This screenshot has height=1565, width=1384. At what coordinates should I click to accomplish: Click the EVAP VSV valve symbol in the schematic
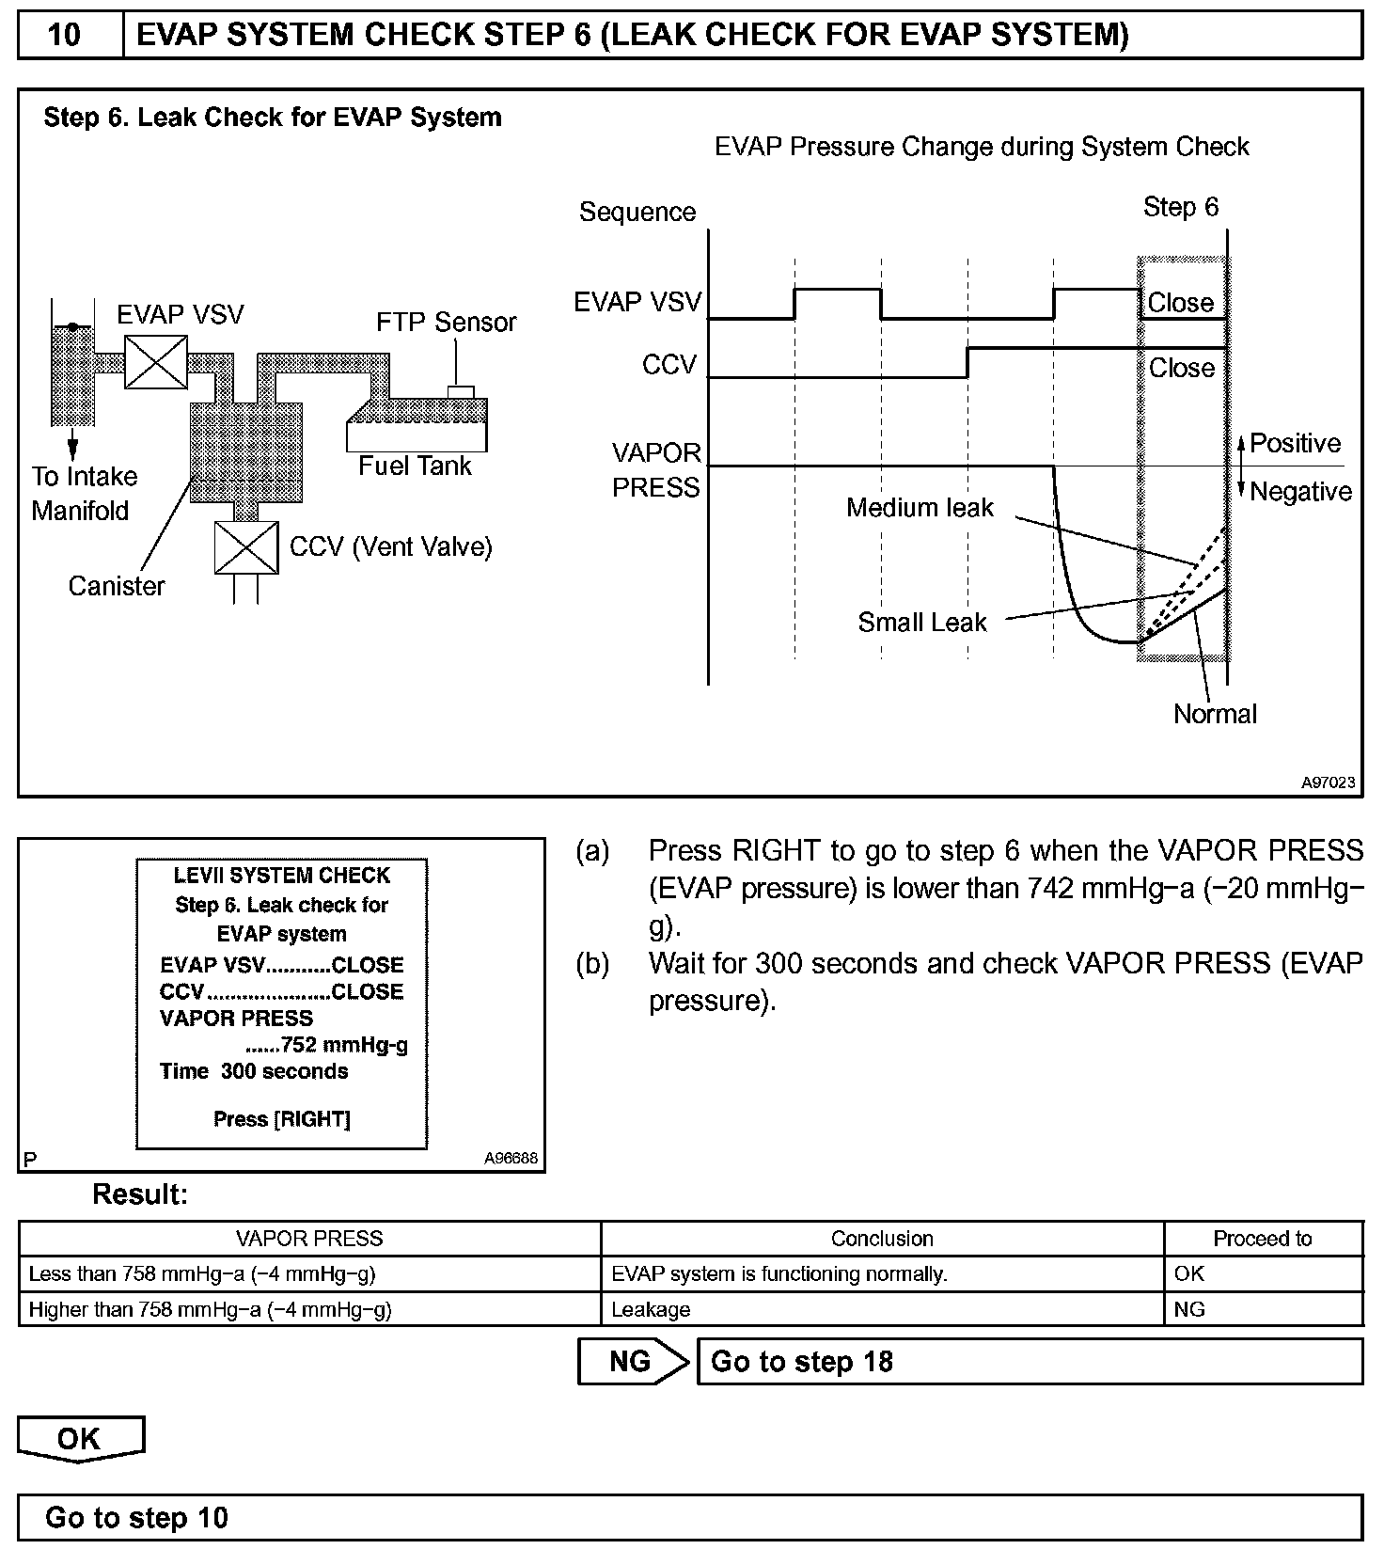[x=156, y=362]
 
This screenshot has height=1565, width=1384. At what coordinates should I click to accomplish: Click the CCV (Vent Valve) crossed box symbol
[x=246, y=547]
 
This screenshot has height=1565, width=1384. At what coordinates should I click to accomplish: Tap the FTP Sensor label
[x=447, y=323]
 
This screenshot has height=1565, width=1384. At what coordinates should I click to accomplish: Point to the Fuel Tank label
[x=415, y=466]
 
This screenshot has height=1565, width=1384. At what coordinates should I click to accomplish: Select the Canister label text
[x=117, y=587]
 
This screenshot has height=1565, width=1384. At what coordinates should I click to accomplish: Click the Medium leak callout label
[x=920, y=509]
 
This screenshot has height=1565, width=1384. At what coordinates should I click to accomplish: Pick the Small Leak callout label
[x=922, y=623]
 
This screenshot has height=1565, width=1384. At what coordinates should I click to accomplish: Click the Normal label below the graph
[x=1215, y=715]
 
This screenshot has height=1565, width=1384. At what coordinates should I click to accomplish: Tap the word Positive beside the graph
[x=1295, y=444]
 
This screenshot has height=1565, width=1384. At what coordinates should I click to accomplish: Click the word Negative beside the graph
[x=1300, y=492]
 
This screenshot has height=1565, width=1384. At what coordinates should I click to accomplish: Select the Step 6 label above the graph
[x=1180, y=208]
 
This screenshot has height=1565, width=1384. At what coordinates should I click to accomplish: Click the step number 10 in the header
[x=64, y=36]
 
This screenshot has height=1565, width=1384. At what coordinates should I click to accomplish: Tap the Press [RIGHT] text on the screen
[x=282, y=1119]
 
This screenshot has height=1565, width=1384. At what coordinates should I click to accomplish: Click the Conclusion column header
[x=882, y=1239]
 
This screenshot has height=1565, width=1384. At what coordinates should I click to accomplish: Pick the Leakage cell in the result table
[x=651, y=1309]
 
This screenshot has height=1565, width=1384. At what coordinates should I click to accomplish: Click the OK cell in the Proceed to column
[x=1189, y=1274]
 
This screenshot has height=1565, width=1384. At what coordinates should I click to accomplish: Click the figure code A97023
[x=1328, y=782]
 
